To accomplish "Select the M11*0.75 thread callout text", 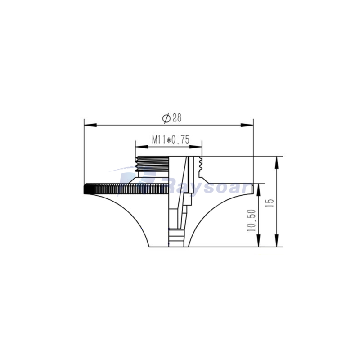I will tap(170, 140).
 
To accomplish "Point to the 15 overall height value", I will tap(270, 202).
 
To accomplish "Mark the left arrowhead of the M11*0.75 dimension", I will tap(139, 146).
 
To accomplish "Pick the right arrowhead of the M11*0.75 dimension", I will tap(199, 146).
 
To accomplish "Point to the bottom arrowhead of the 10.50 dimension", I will tap(258, 243).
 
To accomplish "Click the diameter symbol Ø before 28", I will tap(166, 118).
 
